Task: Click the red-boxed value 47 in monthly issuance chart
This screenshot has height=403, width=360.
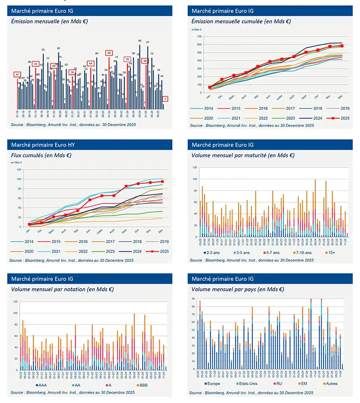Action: click(x=17, y=74)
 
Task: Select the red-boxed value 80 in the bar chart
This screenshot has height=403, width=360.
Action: click(x=109, y=53)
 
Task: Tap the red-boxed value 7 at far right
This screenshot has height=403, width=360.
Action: click(x=166, y=99)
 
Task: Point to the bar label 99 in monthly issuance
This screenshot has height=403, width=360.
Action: click(x=140, y=41)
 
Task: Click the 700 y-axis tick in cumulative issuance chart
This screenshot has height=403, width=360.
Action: click(x=200, y=36)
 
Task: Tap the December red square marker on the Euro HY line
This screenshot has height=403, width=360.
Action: click(x=162, y=181)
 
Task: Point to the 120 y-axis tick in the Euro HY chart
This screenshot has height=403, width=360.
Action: click(x=19, y=170)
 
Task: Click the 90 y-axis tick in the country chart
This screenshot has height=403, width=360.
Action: click(x=194, y=299)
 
